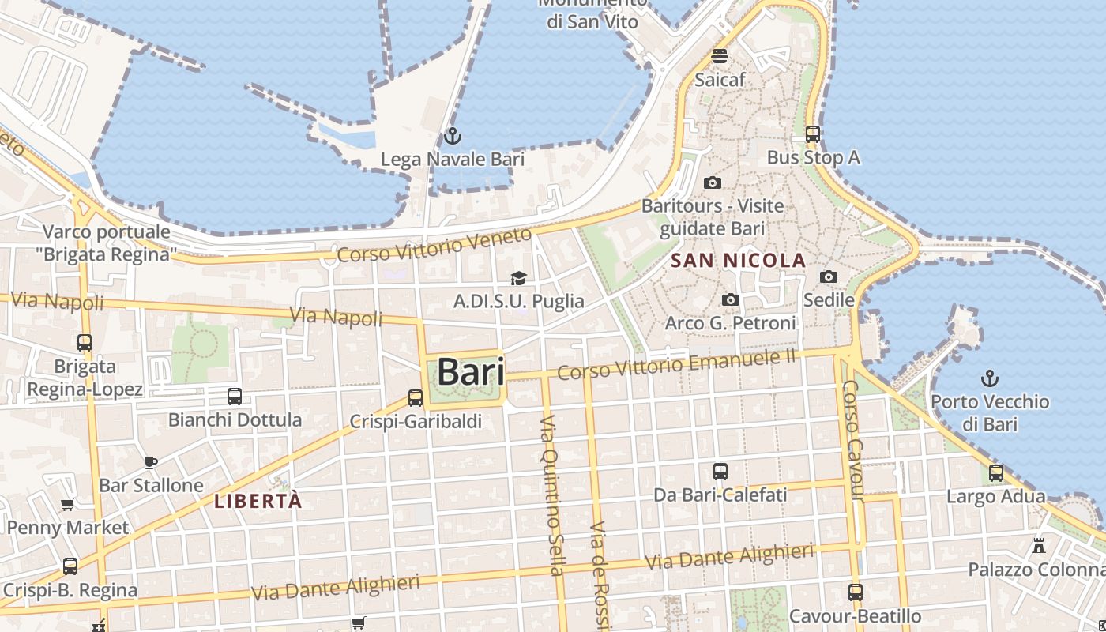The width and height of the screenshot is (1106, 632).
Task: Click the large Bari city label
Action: [471, 372]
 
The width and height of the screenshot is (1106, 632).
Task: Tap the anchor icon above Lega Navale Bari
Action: [452, 136]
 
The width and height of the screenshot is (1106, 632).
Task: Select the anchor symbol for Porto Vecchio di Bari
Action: [989, 378]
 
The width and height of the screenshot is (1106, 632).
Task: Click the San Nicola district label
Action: [738, 261]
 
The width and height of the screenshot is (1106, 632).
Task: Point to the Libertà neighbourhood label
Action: [258, 501]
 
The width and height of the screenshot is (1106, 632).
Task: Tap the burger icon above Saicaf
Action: [720, 56]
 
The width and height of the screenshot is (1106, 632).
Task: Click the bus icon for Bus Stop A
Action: [813, 134]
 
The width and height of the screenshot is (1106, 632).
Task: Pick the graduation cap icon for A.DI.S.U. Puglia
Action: [518, 278]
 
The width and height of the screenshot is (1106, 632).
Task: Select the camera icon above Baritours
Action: [712, 183]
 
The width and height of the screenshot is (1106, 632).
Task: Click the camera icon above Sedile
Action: [829, 276]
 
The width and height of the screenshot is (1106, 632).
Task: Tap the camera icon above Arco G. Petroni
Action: [731, 300]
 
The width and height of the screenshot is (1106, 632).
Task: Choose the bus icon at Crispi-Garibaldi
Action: [416, 398]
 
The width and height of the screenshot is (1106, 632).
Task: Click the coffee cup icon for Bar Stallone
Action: [151, 462]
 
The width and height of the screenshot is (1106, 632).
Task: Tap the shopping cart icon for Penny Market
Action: [68, 504]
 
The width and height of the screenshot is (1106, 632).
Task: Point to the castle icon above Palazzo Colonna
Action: [1039, 546]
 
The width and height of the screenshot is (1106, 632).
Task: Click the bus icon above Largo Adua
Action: [996, 473]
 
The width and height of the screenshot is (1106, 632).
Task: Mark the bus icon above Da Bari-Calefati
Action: [720, 472]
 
